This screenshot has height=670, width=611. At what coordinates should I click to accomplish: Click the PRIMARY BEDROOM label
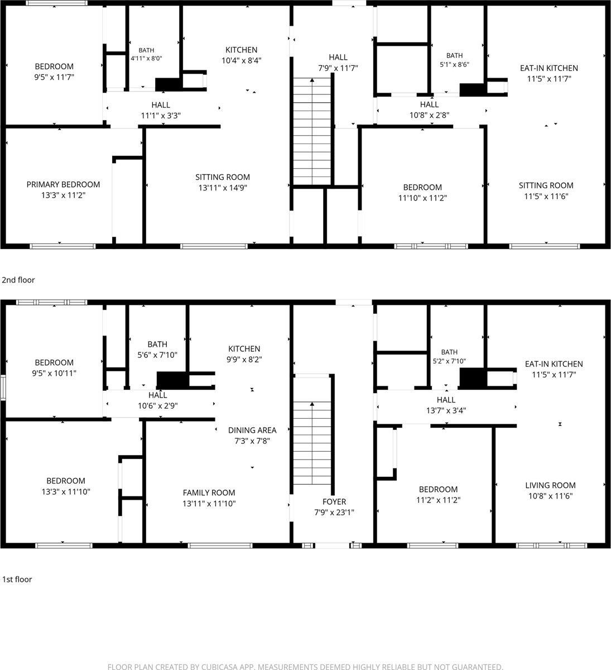click(63, 184)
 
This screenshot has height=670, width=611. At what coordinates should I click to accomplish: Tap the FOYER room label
click(334, 501)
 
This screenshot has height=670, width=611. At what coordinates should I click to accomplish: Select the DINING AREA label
click(252, 430)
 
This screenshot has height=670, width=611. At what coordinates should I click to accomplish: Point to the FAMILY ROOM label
click(209, 492)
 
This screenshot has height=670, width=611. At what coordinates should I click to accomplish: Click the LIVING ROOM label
click(550, 485)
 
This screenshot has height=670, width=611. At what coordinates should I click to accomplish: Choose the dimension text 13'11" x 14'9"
click(223, 188)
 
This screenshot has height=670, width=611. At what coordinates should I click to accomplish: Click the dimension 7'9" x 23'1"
click(334, 513)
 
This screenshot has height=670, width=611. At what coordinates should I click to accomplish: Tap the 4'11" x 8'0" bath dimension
click(146, 59)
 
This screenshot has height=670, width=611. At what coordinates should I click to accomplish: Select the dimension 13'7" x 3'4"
click(446, 410)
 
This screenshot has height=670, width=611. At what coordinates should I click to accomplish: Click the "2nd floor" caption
click(18, 280)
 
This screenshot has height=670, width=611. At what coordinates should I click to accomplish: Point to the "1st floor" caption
click(17, 580)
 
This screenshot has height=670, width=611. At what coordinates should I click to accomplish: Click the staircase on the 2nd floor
click(312, 131)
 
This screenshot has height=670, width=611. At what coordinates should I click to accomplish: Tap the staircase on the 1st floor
click(312, 429)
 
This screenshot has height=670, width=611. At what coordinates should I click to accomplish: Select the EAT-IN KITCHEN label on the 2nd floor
click(549, 68)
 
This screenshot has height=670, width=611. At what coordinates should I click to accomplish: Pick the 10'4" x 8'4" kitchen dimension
click(242, 60)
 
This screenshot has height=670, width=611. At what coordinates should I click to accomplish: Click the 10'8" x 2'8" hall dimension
click(429, 115)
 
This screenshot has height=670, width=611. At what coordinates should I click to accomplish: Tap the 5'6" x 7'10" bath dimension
click(157, 355)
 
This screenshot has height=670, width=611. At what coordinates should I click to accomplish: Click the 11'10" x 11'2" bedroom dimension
click(422, 198)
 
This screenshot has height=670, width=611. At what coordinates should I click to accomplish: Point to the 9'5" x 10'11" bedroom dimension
click(54, 374)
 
